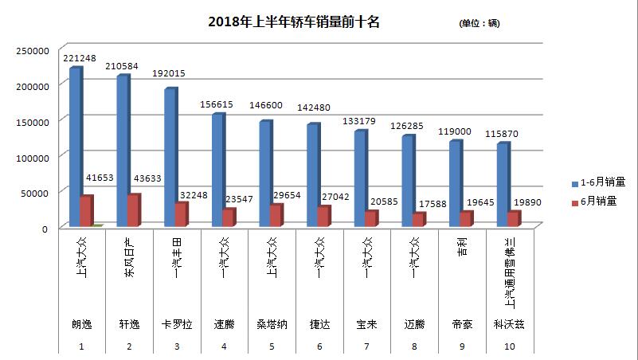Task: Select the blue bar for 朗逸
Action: coord(74,147)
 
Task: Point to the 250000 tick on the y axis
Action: coord(32,51)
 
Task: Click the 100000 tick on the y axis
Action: coord(32,158)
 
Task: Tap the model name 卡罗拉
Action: coord(177,325)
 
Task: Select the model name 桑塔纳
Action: coord(272,325)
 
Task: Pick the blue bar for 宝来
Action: coord(359,179)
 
